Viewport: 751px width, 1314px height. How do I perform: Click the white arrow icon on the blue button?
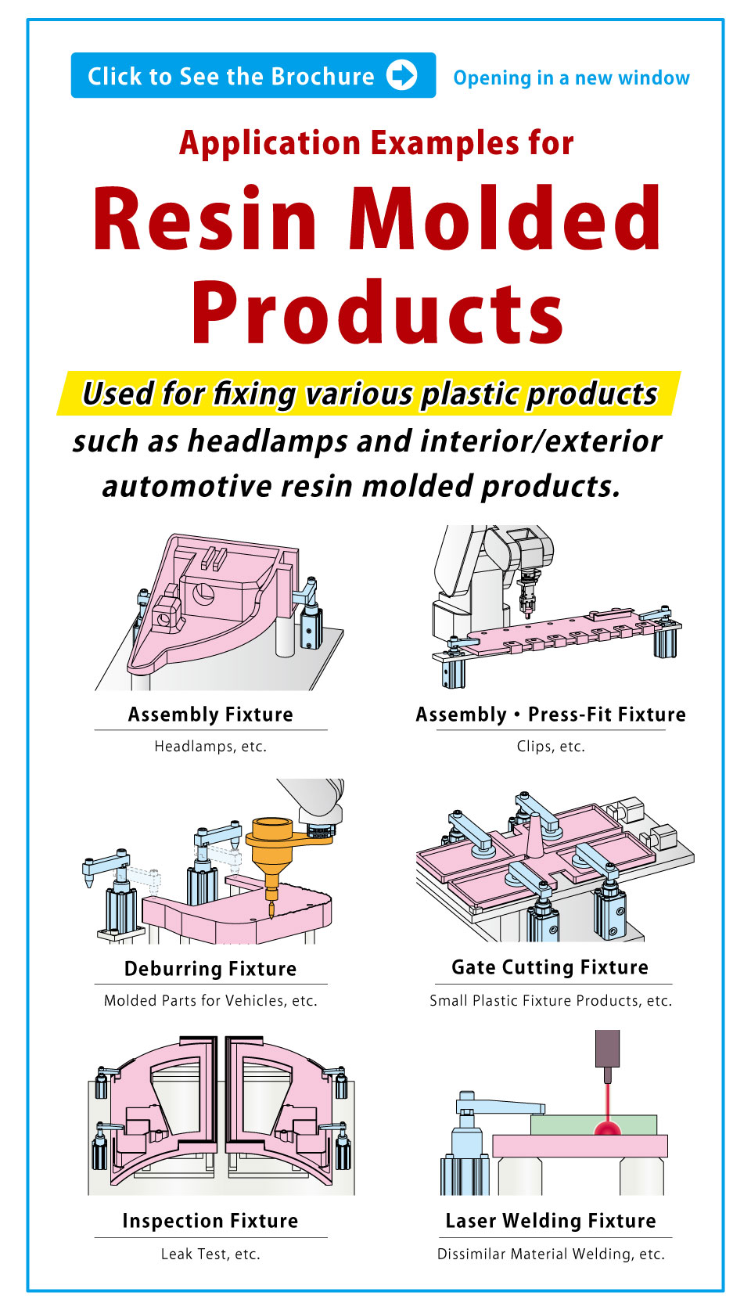click(402, 75)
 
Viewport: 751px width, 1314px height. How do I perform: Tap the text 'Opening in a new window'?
click(571, 78)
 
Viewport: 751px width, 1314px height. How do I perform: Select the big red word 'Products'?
click(377, 313)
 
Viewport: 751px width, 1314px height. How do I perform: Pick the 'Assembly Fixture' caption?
click(210, 715)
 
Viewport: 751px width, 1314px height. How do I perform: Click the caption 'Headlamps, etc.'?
click(210, 747)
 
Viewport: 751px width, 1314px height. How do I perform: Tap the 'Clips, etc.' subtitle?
click(551, 747)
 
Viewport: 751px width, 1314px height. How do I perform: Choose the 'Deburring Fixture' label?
click(210, 969)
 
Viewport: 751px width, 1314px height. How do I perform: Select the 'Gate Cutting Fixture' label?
click(550, 967)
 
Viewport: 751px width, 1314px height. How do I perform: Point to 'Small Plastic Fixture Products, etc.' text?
click(551, 1001)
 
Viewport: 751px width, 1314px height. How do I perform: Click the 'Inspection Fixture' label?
click(210, 1221)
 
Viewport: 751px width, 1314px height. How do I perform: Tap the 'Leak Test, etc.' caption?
click(210, 1255)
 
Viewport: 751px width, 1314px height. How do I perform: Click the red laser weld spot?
click(608, 1128)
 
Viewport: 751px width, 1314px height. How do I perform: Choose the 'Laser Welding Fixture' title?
click(551, 1221)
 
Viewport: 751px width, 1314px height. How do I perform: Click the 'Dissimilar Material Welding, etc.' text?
click(551, 1255)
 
